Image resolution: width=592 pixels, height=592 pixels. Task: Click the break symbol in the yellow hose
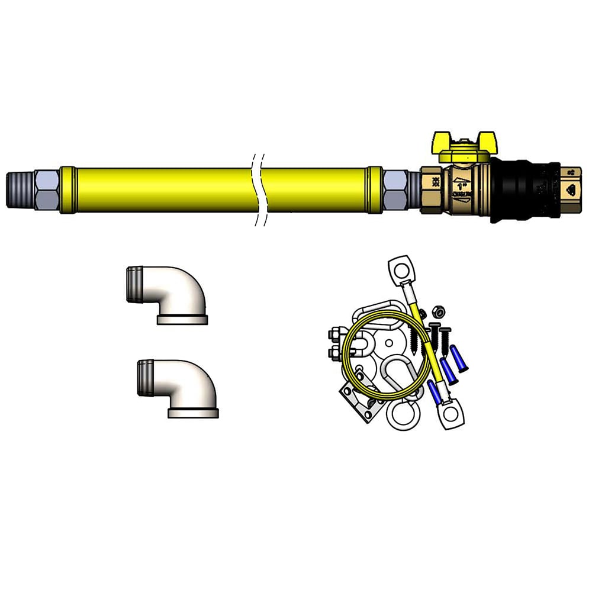click(258, 190)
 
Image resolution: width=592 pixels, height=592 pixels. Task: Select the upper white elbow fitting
click(172, 292)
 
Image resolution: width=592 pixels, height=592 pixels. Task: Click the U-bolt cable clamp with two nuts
click(338, 345)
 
